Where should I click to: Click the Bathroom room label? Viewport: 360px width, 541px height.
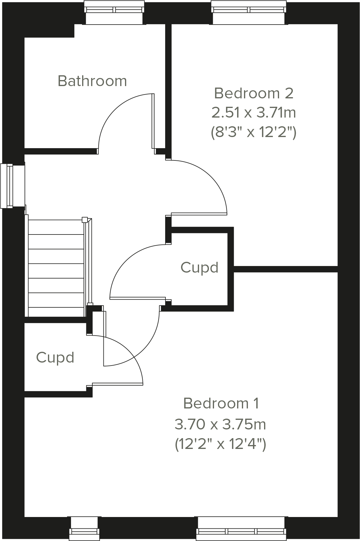click(92, 81)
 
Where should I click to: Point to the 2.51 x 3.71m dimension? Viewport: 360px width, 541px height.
click(254, 113)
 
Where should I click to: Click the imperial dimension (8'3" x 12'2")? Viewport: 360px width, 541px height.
click(254, 132)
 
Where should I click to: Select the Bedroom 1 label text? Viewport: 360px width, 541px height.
click(221, 403)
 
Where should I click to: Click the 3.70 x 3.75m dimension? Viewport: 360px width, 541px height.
click(221, 424)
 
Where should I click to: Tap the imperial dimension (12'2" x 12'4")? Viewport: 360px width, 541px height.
click(221, 444)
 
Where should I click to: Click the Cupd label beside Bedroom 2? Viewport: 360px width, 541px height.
click(199, 267)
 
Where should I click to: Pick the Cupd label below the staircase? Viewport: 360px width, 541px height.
click(55, 357)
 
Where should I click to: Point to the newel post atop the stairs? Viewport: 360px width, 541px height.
click(85, 220)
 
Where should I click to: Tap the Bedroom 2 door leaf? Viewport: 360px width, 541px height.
click(199, 214)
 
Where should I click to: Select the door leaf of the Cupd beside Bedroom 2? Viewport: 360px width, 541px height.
click(138, 298)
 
